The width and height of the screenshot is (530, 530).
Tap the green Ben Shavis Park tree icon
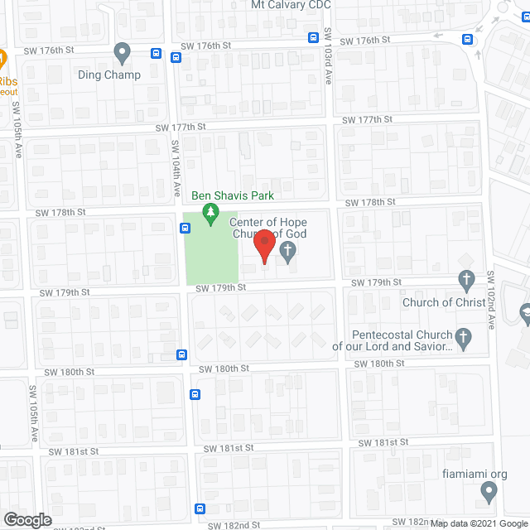coord(211,215)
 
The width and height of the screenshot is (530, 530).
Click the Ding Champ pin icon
coord(123,54)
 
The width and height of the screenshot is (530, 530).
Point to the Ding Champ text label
coord(109,75)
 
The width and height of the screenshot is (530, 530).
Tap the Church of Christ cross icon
coord(466,281)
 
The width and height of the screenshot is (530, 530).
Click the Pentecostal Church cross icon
coord(464,337)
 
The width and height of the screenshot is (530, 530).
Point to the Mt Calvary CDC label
coord(291,5)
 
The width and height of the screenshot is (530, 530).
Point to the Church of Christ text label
coord(444,302)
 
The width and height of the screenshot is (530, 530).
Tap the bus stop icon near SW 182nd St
coord(200,508)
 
